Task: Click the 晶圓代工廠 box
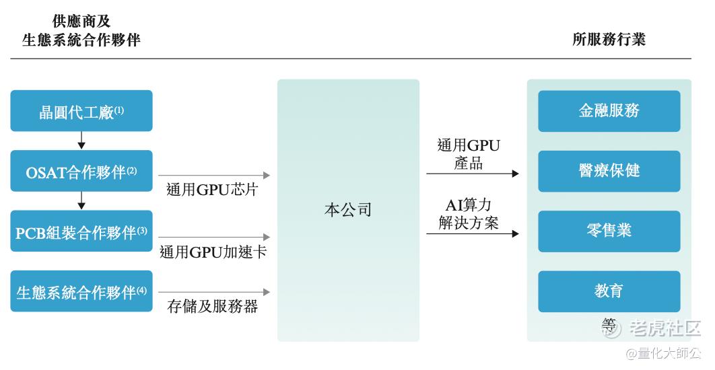pos(81,111)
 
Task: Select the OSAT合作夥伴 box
pos(81,172)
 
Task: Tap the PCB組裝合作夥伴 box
pos(81,232)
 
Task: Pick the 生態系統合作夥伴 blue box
pos(81,291)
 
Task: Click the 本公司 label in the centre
pos(348,209)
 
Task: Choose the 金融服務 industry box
pos(609,111)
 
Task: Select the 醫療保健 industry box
pos(609,171)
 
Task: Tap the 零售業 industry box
pos(609,231)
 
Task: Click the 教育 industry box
pos(609,291)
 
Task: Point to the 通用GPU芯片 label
pos(212,190)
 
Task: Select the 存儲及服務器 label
pos(212,307)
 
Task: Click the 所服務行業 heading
pos(609,39)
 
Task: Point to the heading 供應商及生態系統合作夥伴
pos(81,31)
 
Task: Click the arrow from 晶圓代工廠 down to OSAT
pos(81,140)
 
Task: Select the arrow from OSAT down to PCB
pos(81,200)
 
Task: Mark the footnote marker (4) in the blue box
pos(141,291)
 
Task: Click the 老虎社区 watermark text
pos(665,328)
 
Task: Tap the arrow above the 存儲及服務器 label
pos(215,292)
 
